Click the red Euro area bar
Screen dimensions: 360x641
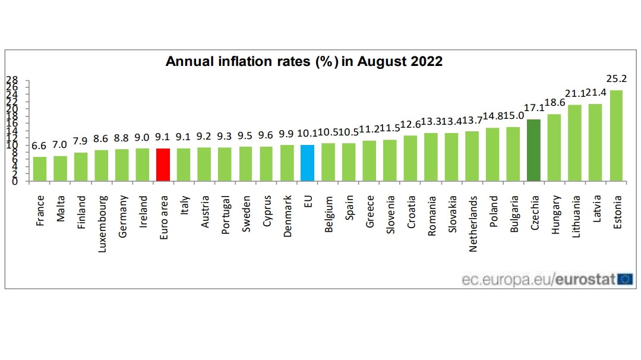[x=163, y=165]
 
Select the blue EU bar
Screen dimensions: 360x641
[x=307, y=163]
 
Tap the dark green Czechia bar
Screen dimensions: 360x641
[x=533, y=150]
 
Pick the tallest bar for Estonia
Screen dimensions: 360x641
[x=616, y=136]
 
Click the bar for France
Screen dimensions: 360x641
[x=40, y=169]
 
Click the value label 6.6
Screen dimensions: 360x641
[x=40, y=146]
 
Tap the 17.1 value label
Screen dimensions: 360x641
[x=533, y=108]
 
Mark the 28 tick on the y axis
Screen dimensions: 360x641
[x=12, y=80]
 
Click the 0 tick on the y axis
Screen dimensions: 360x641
[x=15, y=181]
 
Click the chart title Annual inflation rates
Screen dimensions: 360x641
[x=304, y=61]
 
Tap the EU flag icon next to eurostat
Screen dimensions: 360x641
[x=625, y=279]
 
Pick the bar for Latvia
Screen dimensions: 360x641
[x=595, y=143]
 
